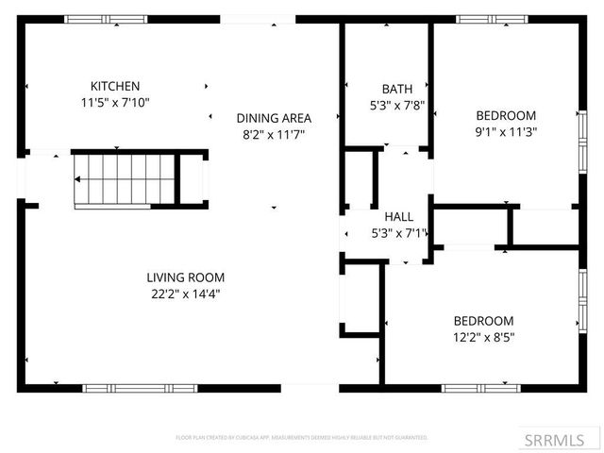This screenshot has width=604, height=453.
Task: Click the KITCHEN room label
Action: click(115, 85)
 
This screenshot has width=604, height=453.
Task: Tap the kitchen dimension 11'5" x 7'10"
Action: click(115, 102)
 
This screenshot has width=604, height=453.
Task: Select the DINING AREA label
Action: click(274, 118)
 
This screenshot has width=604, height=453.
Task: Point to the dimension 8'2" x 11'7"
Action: click(274, 134)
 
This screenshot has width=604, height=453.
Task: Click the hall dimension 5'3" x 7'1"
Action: click(400, 232)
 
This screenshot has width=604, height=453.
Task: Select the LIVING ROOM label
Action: click(185, 277)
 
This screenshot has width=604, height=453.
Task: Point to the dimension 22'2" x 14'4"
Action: click(185, 294)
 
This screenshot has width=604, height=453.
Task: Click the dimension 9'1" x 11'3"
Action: click(505, 132)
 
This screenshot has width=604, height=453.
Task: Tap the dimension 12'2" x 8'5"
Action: click(483, 336)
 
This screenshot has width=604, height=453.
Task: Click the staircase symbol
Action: click(126, 179)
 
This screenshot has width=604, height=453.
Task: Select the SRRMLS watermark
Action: click(562, 439)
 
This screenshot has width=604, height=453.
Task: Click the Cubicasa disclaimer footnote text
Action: click(302, 438)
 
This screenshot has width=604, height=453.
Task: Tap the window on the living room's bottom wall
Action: click(140, 387)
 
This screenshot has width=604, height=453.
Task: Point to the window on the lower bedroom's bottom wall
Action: click(480, 387)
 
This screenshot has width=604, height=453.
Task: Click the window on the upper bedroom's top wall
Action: click(491, 19)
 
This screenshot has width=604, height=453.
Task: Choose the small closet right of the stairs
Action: click(192, 179)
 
